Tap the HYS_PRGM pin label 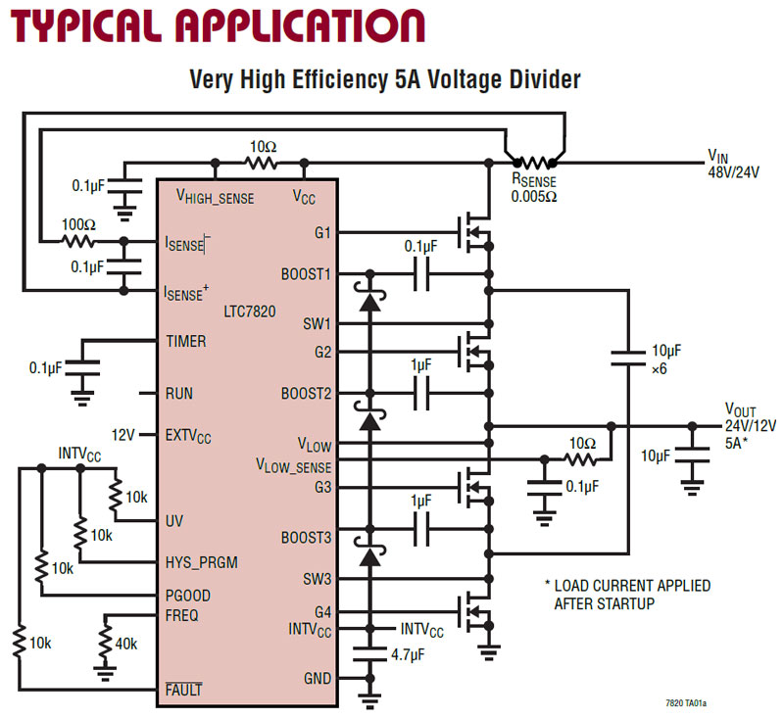[x=202, y=562]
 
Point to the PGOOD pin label [x=188, y=596]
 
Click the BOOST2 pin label [x=307, y=394]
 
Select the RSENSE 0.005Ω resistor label [x=535, y=187]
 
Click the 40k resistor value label [x=126, y=644]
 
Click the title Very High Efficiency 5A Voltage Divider [x=385, y=80]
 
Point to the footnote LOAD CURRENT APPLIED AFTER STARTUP [x=627, y=595]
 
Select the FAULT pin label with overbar [x=184, y=690]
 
